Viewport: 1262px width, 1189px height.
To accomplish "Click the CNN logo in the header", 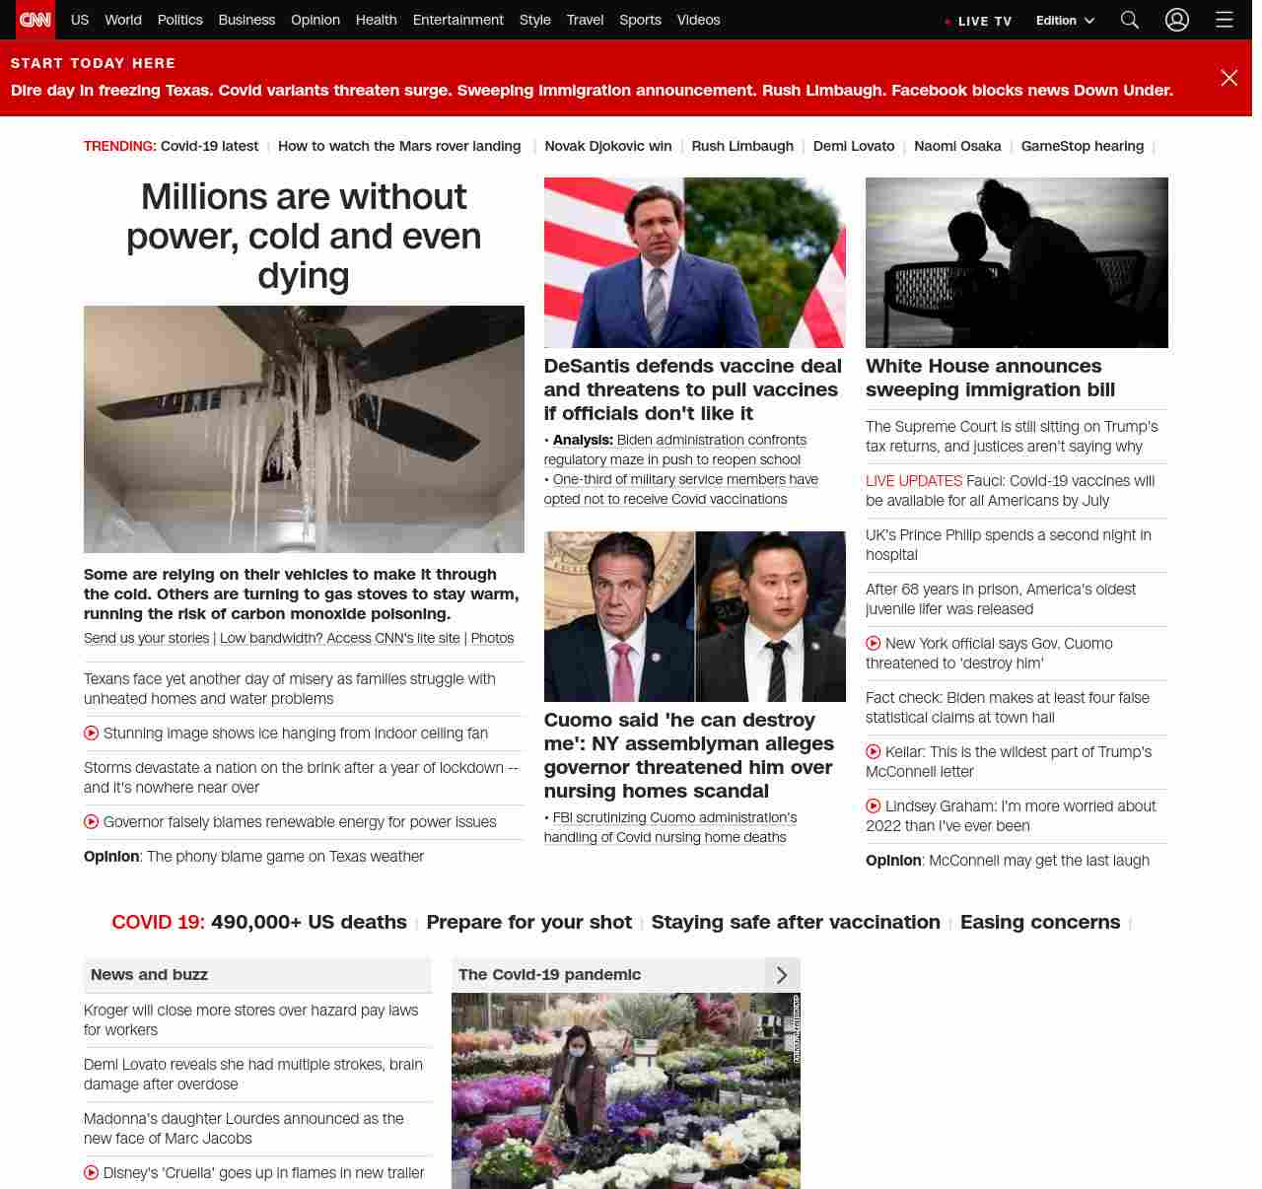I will [35, 20].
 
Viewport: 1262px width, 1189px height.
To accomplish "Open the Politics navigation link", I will [179, 20].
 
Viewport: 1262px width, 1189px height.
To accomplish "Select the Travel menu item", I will [585, 20].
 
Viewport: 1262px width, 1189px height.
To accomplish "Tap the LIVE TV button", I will [979, 21].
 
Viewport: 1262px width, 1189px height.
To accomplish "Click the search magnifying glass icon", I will [1130, 20].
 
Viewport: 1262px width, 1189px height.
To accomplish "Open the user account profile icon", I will [1177, 20].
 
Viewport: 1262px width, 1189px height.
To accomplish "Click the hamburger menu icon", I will [1225, 20].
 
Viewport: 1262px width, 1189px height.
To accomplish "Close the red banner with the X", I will [1228, 78].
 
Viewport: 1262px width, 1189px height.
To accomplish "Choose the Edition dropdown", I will [1065, 21].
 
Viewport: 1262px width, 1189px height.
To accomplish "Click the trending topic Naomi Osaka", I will [957, 146].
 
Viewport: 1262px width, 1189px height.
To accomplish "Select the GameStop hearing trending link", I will [1082, 146].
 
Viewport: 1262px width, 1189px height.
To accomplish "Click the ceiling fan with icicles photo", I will [304, 429].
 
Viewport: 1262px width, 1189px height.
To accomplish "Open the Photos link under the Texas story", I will [492, 638].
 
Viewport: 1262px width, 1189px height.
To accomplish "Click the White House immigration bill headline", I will [990, 378].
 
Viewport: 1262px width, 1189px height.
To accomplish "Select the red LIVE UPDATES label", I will [913, 481].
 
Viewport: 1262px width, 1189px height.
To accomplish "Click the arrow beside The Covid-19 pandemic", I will [782, 975].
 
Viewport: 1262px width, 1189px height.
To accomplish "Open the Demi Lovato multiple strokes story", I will [252, 1074].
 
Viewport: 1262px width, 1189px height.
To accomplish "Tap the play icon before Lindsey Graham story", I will [873, 806].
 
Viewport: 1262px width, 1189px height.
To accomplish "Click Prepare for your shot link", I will [528, 922].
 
